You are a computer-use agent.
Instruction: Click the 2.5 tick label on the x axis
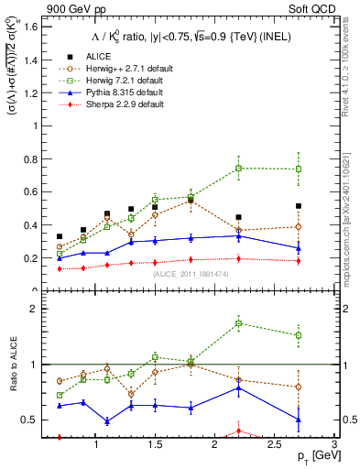(x=273, y=443)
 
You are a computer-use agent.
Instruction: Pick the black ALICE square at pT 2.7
(x=299, y=206)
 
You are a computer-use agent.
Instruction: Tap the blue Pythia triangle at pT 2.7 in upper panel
(x=299, y=248)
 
